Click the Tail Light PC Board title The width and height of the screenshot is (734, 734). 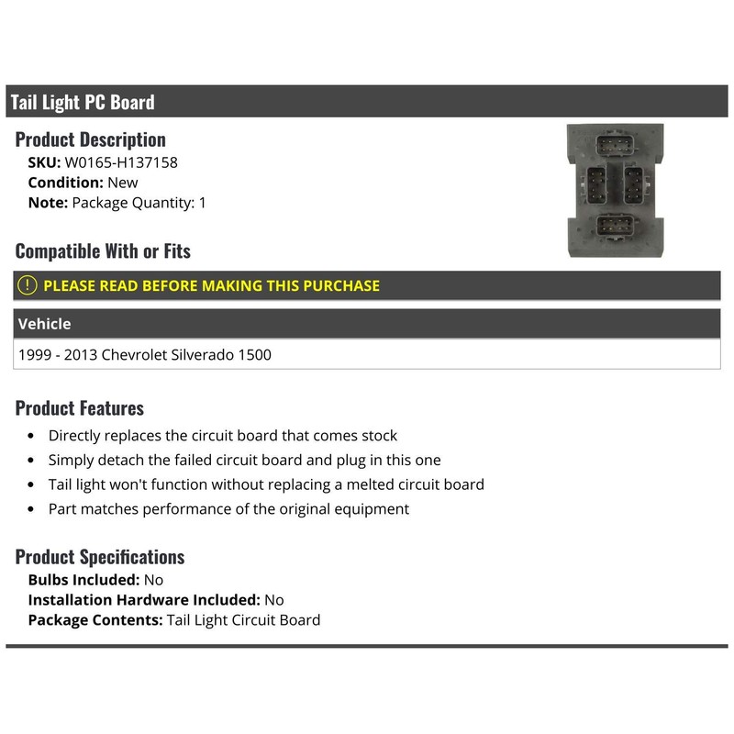coord(83,102)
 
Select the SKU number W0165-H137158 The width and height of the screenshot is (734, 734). coord(120,162)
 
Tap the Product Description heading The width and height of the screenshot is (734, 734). coord(90,139)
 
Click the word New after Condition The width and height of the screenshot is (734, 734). coord(123,183)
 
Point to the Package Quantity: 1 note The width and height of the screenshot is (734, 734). coord(139,203)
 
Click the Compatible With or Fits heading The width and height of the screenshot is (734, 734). coord(103,250)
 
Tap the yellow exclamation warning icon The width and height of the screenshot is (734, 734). coord(28,285)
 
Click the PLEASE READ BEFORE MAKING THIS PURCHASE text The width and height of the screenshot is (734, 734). coord(211,285)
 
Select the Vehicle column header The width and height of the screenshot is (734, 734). coord(44,324)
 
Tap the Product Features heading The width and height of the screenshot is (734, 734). coord(80,408)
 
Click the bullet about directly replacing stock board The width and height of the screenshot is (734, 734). coord(223,436)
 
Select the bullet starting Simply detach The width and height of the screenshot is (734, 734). coord(244,460)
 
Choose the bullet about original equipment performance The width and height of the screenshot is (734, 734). coord(228,508)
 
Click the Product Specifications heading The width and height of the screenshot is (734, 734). coord(100,557)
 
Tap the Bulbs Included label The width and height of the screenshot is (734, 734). coord(83,580)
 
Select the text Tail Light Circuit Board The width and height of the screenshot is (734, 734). coord(243,620)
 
